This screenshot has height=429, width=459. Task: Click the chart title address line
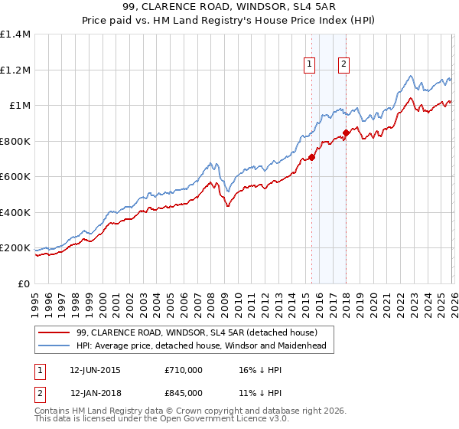click(x=229, y=7)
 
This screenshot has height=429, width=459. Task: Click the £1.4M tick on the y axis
click(x=15, y=34)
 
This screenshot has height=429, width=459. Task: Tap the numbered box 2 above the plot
click(x=344, y=65)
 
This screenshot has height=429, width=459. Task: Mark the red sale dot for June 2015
click(x=312, y=157)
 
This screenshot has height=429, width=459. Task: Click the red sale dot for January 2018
click(x=347, y=133)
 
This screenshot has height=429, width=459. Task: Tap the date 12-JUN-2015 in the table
click(x=95, y=370)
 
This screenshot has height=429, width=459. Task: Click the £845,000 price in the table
click(x=184, y=392)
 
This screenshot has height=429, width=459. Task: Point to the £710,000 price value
click(x=184, y=370)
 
